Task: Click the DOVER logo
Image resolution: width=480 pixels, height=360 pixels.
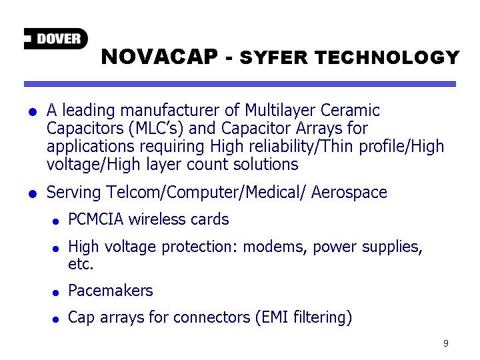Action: [x=56, y=39]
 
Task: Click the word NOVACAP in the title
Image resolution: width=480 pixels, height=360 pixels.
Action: [x=159, y=57]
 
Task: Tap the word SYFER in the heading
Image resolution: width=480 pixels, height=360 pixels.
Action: [x=274, y=57]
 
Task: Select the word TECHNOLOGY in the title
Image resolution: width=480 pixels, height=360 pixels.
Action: [x=387, y=57]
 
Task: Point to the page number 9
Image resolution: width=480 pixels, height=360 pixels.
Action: [x=446, y=343]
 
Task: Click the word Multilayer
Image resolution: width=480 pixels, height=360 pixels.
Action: [x=279, y=111]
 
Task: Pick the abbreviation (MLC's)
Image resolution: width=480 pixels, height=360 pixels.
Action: [x=156, y=129]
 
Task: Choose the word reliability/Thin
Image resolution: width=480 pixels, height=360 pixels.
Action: [x=301, y=147]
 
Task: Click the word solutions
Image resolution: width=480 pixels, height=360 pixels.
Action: [x=266, y=165]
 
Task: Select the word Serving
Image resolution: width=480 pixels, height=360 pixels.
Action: [x=73, y=193]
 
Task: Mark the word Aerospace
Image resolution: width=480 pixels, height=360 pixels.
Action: [x=349, y=193]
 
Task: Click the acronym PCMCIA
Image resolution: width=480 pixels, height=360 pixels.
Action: [x=96, y=219]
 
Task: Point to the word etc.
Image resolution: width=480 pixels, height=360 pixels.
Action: [x=81, y=264]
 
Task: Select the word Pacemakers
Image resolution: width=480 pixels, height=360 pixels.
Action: [x=111, y=291]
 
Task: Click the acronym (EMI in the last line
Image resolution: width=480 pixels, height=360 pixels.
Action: [x=272, y=317]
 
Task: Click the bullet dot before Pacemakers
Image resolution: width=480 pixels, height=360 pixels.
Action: [x=55, y=293]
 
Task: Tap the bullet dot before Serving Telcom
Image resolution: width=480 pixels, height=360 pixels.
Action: [x=33, y=194]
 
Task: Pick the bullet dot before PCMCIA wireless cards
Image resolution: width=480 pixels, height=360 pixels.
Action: [x=55, y=221]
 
